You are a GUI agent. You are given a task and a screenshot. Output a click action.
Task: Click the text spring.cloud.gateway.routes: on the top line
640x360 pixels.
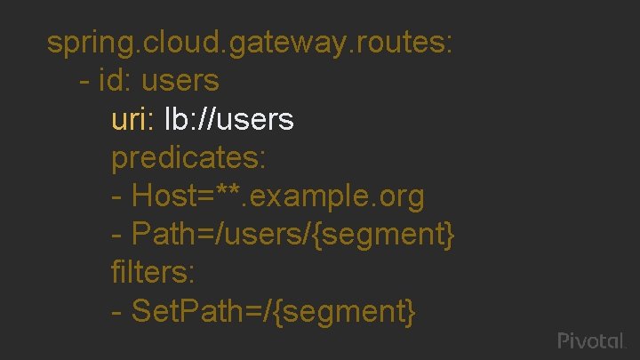pos(251,43)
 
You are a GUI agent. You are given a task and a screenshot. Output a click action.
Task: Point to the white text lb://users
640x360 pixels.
pos(229,119)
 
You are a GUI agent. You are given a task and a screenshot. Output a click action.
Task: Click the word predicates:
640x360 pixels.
pos(188,157)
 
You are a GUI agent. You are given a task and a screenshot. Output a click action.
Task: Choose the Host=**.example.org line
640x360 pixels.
pos(268,196)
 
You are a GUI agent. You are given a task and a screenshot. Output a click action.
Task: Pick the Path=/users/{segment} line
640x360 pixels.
pos(284,234)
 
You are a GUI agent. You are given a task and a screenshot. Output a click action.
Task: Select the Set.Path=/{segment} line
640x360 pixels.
pos(263,310)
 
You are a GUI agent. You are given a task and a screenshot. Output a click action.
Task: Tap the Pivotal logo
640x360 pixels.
pos(592,340)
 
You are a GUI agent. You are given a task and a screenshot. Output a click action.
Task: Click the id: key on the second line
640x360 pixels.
pos(114,81)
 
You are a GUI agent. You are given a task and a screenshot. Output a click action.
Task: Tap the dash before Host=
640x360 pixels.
pos(116,197)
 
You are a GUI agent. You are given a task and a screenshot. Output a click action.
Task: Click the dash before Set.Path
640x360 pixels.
pos(116,312)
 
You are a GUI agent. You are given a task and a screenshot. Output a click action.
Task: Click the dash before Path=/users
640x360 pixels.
pos(116,236)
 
